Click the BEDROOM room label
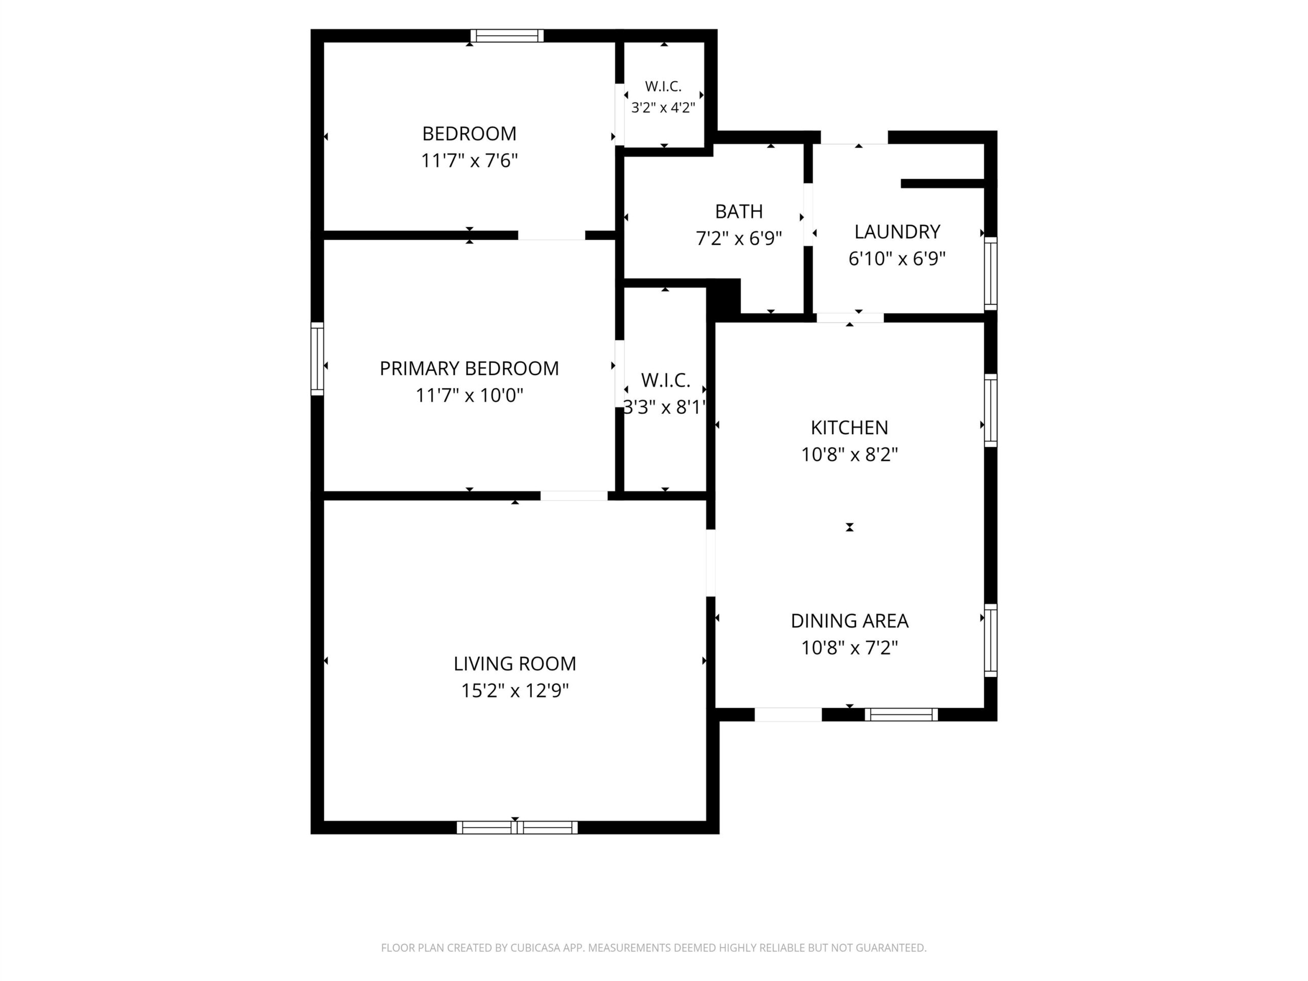pos(469,134)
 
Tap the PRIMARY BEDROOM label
pos(469,368)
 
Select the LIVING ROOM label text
pos(515,664)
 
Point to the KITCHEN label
pos(849,428)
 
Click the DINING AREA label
pos(849,621)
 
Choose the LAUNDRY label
pos(897,232)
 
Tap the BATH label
pos(738,211)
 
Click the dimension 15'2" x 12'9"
pos(515,691)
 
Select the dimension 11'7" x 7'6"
pos(469,161)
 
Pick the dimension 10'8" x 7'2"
pos(849,648)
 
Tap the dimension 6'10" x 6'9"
pos(897,259)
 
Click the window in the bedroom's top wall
pos(507,35)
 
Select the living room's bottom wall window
pos(517,827)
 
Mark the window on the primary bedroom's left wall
pos(317,358)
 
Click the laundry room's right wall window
pos(991,273)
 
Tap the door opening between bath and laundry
pos(808,215)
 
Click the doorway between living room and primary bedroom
pos(574,496)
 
